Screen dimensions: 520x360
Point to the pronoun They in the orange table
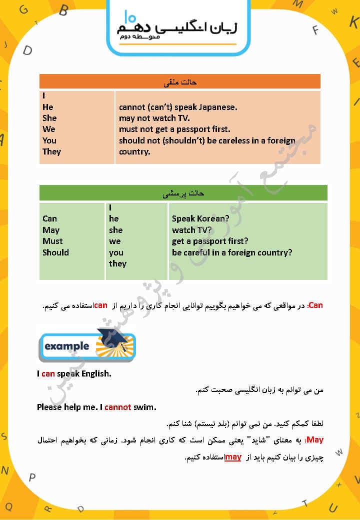coord(51,151)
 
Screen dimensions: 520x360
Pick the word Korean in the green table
coord(210,219)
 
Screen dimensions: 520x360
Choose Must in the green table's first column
coord(52,241)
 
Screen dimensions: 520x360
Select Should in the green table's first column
coord(55,252)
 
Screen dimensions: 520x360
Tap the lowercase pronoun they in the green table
coord(117,263)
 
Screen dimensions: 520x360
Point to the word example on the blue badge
coord(66,346)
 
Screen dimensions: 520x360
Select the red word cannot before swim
coord(118,407)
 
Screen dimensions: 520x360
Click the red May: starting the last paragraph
coord(315,440)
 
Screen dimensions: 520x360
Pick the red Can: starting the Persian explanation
coord(315,305)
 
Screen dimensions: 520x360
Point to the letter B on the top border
coord(63,10)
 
